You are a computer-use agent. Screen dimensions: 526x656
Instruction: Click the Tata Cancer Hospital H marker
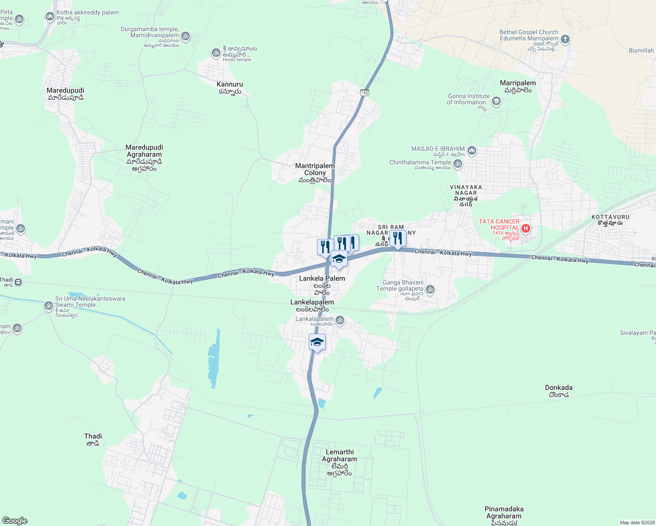pos(526,228)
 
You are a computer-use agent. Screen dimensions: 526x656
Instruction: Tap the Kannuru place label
pos(229,85)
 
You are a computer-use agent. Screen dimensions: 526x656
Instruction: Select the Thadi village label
pos(93,437)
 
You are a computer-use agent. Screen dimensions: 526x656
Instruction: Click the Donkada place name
pos(559,388)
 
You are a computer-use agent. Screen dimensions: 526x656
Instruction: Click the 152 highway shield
pos(365,92)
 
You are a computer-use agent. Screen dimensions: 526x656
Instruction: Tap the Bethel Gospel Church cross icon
pos(565,39)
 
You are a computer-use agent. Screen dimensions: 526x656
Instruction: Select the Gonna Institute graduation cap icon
pos(496,102)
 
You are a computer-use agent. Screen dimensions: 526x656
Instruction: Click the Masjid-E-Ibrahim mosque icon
pos(472,151)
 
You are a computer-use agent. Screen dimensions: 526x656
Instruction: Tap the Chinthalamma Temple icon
pos(458,164)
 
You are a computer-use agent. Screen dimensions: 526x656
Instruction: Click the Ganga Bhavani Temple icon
pos(430,289)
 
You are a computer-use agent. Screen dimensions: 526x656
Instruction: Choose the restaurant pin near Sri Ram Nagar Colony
pos(397,238)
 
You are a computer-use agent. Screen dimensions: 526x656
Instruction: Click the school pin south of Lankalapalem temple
pos(317,342)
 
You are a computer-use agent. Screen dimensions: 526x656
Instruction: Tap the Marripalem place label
pos(518,83)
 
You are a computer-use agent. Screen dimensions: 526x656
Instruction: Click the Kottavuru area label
pos(610,217)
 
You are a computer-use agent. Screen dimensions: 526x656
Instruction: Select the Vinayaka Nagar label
pos(466,190)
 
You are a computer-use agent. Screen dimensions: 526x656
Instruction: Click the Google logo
pos(15,521)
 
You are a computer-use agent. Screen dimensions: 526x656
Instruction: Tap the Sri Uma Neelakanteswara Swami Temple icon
pos(49,306)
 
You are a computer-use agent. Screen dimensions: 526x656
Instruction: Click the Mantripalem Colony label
pos(315,170)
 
